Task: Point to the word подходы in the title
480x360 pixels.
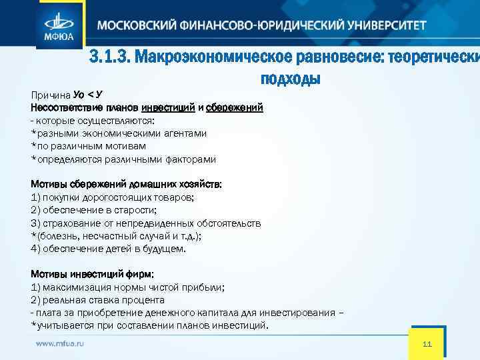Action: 291,79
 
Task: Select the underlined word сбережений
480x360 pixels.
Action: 235,107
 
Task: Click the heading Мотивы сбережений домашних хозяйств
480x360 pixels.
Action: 127,184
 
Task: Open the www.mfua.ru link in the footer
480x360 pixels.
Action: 61,343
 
